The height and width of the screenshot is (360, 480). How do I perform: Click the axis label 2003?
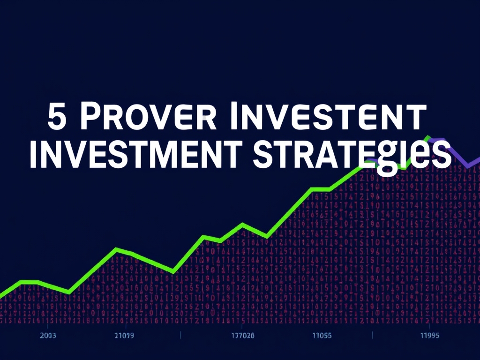[x=48, y=336]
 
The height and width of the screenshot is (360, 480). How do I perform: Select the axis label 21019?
[x=124, y=336]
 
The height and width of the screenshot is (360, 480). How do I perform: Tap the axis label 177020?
[x=243, y=336]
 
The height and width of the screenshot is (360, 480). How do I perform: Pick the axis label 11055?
[x=322, y=336]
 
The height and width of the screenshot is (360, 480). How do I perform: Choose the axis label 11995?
[x=429, y=336]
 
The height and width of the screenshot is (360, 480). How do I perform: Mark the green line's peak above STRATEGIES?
[x=427, y=137]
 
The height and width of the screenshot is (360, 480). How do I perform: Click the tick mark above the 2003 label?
[x=48, y=325]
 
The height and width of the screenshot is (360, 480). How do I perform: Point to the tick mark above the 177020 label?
[x=243, y=325]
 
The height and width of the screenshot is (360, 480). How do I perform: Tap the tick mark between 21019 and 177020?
[x=180, y=335]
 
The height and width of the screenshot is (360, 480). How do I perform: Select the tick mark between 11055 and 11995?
[x=372, y=335]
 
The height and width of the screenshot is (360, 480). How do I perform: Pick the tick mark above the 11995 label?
[x=429, y=325]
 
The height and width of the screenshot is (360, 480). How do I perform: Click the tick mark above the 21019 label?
[x=125, y=325]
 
